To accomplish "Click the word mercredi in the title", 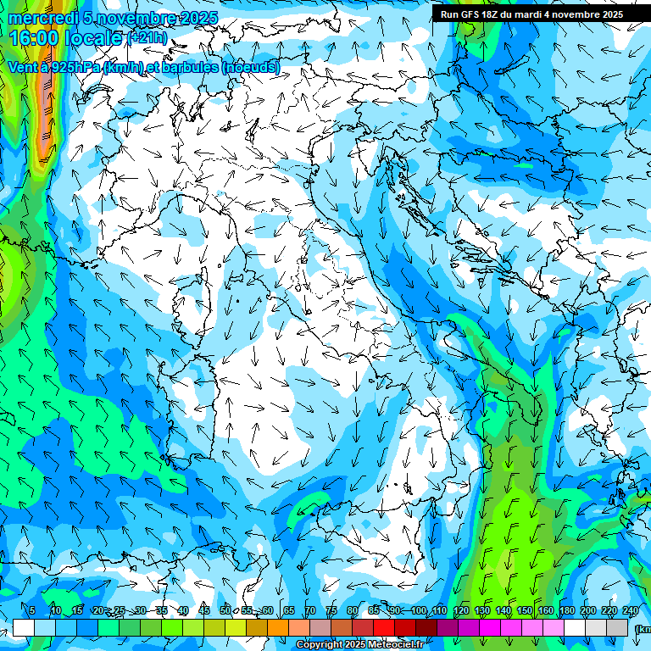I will [x=42, y=18].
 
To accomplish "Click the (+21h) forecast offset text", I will [x=148, y=38].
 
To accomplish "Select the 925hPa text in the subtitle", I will [x=72, y=67].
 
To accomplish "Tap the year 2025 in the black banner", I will [x=609, y=14].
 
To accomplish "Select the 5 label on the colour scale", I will [x=32, y=611].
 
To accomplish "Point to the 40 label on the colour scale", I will [x=183, y=611].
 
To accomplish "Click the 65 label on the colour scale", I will [x=289, y=611].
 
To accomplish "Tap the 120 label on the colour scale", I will [x=461, y=611].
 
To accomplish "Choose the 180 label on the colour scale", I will [x=566, y=611].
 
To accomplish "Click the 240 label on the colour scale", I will [x=630, y=611].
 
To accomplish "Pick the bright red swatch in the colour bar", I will [x=384, y=627].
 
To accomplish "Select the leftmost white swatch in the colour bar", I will [x=24, y=627].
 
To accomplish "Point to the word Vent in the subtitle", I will [x=23, y=67].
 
